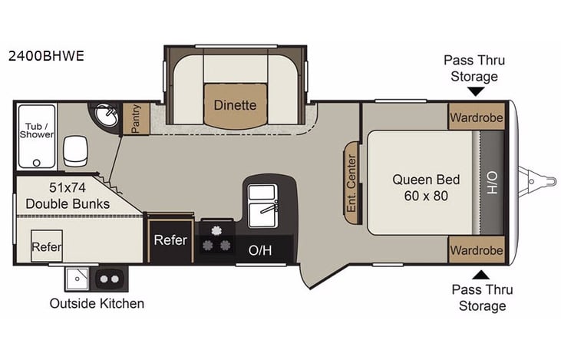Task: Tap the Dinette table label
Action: (235, 105)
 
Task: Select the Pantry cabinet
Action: (136, 119)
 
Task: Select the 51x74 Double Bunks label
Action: (67, 196)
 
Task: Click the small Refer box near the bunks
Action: (46, 246)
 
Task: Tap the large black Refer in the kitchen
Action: (170, 239)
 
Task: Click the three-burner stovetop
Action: (216, 238)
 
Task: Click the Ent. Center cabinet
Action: (351, 183)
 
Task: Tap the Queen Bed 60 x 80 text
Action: (426, 187)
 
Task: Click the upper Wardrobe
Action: (477, 118)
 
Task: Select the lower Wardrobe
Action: (477, 250)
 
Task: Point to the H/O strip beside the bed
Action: (492, 183)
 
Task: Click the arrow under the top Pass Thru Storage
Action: (476, 91)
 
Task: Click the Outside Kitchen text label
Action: (97, 303)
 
